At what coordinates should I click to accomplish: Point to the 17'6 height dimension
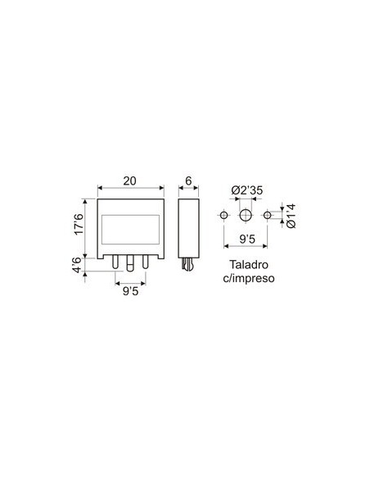coord(79,226)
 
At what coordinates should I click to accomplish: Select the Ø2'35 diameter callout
coord(246,190)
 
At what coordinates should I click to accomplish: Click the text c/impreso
coord(247,279)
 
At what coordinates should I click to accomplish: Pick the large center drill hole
coord(245,215)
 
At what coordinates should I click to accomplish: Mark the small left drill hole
coord(223,215)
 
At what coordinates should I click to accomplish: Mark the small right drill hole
coord(267,215)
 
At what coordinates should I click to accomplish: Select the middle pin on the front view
coord(130,262)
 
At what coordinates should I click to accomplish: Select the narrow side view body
coord(188,226)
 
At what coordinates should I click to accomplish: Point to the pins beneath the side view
coord(188,264)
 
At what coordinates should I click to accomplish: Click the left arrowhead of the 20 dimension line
coord(100,187)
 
